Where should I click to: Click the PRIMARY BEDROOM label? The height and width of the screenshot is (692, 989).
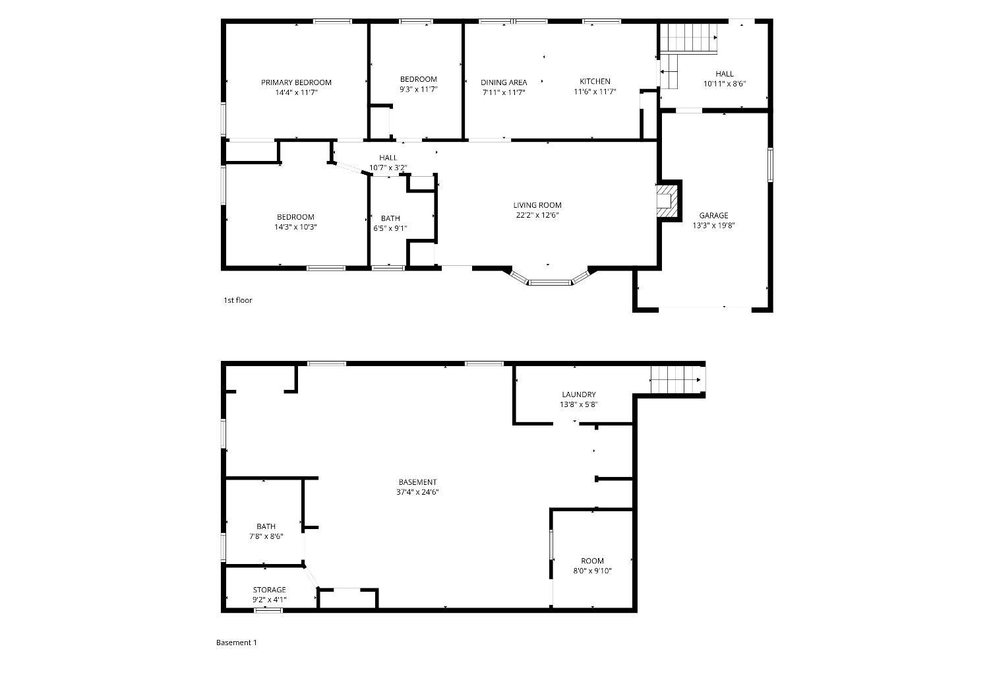tap(296, 82)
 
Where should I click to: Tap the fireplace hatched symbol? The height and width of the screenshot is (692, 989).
tap(667, 201)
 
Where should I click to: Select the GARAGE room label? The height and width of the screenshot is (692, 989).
tap(713, 216)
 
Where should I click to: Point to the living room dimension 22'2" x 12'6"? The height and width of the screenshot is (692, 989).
tap(537, 216)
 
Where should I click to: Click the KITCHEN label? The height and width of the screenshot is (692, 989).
tap(595, 82)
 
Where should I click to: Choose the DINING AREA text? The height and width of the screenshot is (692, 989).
tap(504, 82)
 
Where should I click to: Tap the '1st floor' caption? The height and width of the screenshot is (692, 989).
tap(237, 300)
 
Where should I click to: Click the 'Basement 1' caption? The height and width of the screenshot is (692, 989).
tap(236, 643)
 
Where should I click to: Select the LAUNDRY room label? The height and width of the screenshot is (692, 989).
tap(579, 394)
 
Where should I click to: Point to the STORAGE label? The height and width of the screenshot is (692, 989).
tap(269, 590)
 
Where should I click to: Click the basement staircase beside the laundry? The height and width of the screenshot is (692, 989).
tap(676, 380)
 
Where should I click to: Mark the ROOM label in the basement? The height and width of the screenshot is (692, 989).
tap(593, 561)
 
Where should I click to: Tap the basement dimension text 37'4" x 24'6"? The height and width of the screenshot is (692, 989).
tap(417, 492)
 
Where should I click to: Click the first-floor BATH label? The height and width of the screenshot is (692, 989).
tap(390, 218)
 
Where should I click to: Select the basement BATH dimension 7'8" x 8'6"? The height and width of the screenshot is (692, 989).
tap(266, 537)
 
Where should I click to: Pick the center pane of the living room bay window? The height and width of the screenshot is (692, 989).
tap(549, 282)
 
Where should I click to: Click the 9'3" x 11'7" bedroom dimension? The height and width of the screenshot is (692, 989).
tap(418, 90)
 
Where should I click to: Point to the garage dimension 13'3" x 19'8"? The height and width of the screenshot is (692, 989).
tap(713, 226)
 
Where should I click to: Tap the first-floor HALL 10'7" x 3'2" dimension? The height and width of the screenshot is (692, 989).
tap(388, 168)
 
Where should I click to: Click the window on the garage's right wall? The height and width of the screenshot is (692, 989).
tap(770, 165)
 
